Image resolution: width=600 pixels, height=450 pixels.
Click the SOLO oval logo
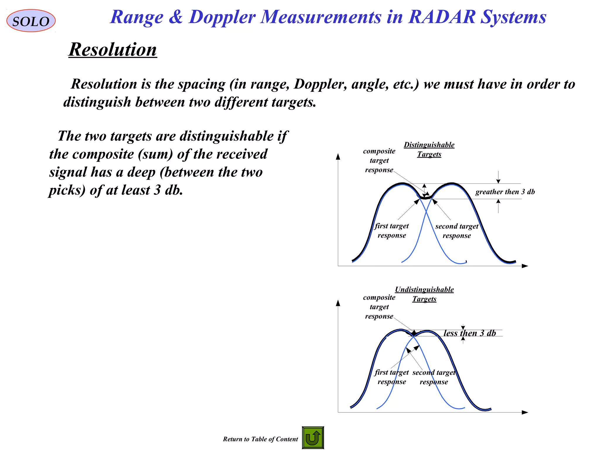[x=31, y=21]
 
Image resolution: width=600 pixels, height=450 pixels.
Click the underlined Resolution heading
[x=113, y=49]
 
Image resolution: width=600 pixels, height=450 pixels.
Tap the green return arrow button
[x=313, y=438]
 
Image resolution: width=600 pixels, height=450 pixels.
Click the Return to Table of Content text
[x=260, y=439]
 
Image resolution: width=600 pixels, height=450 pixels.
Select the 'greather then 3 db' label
[x=505, y=192]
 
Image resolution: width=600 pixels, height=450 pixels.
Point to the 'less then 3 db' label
[x=470, y=333]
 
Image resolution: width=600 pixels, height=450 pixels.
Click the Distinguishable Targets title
[x=429, y=149]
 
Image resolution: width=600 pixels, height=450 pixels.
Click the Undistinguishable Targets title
[x=424, y=294]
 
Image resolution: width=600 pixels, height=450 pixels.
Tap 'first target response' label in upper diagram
[x=392, y=231]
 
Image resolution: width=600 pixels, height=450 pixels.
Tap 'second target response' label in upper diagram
[x=457, y=231]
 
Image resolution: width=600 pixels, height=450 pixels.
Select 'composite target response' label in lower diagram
[x=379, y=307]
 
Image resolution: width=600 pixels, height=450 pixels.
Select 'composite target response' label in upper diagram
[x=379, y=161]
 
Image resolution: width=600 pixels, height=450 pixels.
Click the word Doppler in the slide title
[x=222, y=17]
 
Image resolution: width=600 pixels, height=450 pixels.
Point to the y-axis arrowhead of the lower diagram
[x=338, y=303]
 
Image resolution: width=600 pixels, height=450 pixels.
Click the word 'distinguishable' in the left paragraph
[x=226, y=136]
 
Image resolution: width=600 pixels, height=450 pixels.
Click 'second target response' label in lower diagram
[x=434, y=377]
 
